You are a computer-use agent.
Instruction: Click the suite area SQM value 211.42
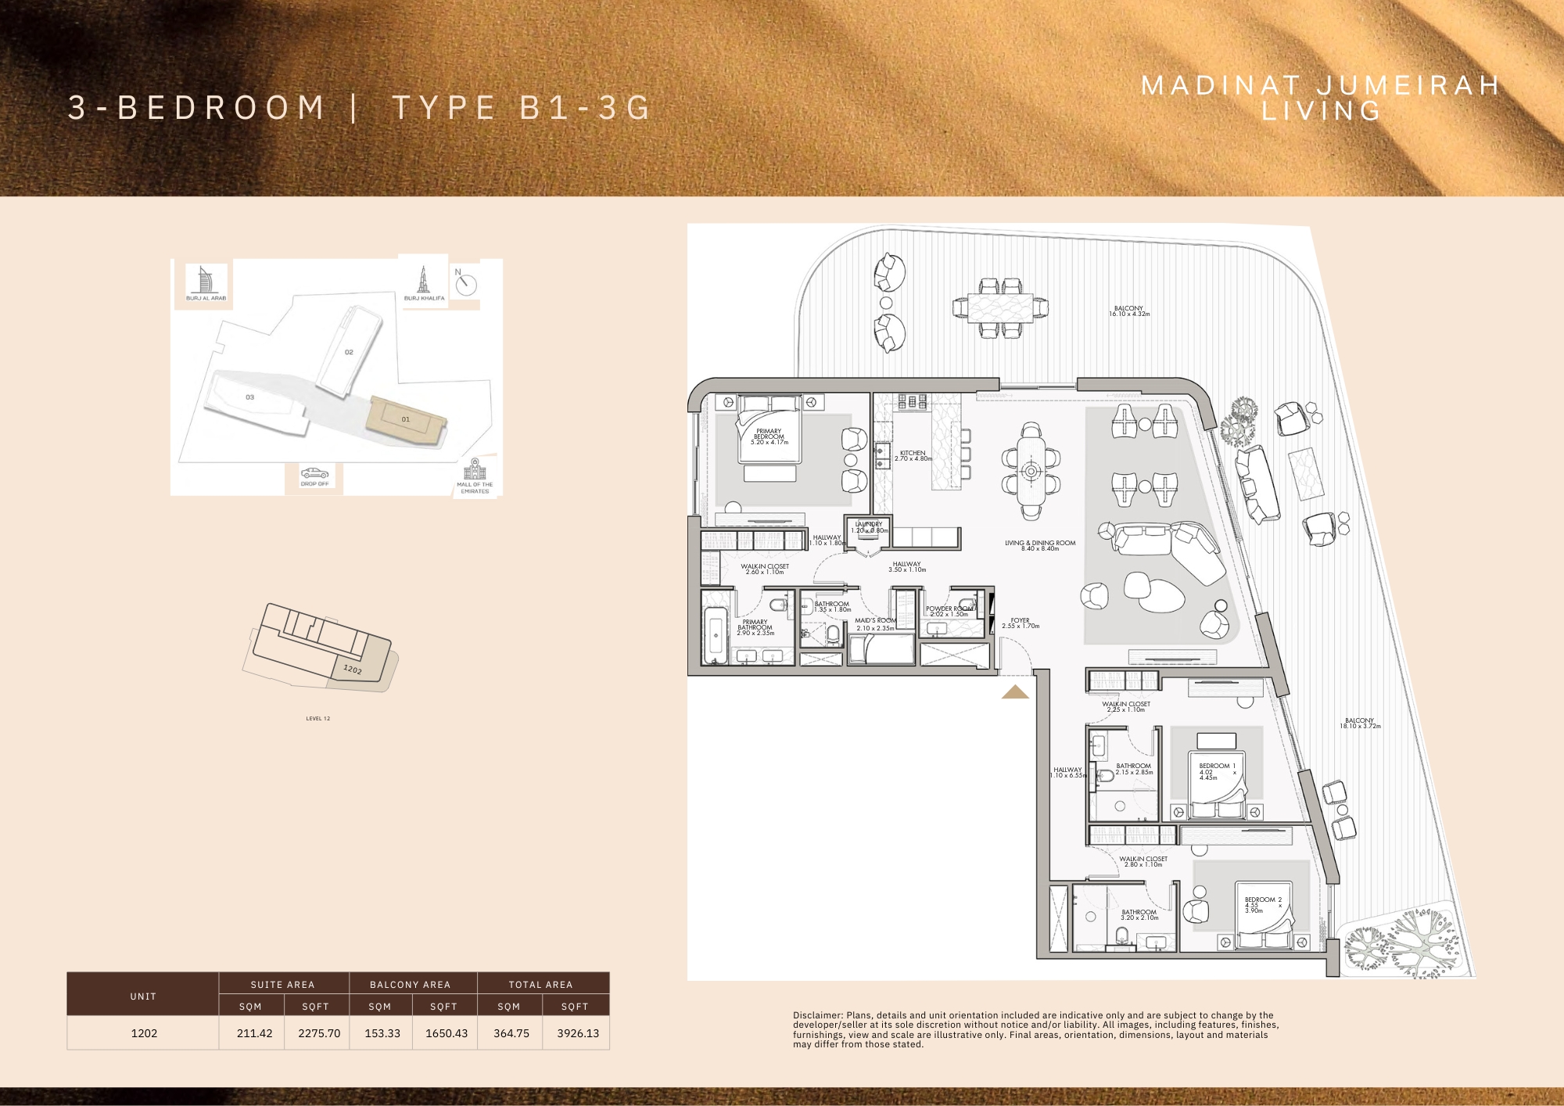(x=254, y=1033)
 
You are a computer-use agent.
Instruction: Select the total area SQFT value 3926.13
(x=577, y=1033)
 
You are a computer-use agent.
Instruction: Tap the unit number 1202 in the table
(x=144, y=1033)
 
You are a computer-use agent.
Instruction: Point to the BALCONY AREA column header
(x=410, y=985)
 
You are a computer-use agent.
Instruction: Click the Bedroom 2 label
(x=1262, y=900)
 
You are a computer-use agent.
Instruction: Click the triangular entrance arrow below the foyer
(x=1015, y=692)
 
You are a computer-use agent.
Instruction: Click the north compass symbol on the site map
(x=465, y=284)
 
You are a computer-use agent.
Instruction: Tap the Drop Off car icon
(x=314, y=473)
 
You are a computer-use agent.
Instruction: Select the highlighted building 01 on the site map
(x=406, y=420)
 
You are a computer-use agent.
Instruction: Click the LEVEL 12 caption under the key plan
(x=317, y=718)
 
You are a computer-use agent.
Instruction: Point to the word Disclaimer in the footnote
(x=816, y=1015)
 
